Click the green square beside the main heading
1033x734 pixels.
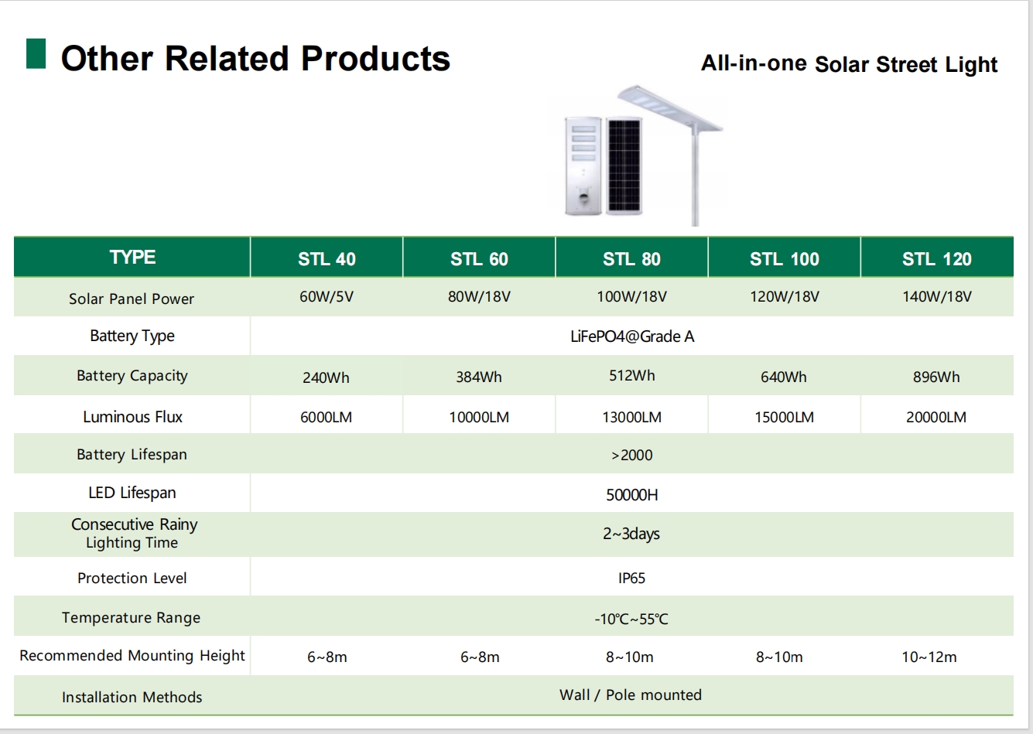pyautogui.click(x=36, y=54)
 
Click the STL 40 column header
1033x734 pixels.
pyautogui.click(x=327, y=259)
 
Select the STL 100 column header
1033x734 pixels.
pyautogui.click(x=785, y=259)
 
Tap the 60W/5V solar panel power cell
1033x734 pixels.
pyautogui.click(x=327, y=296)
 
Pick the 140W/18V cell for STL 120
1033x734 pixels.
pyautogui.click(x=936, y=296)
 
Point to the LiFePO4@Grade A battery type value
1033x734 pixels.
pyautogui.click(x=631, y=336)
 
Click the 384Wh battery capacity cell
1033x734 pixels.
pyautogui.click(x=479, y=377)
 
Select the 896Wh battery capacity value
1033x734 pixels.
pyautogui.click(x=936, y=377)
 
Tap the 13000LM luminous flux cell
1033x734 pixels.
pyautogui.click(x=631, y=417)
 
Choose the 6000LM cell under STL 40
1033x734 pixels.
pyautogui.click(x=326, y=417)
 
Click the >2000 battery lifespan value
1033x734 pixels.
pyautogui.click(x=631, y=456)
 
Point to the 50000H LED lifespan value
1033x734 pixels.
pyautogui.click(x=631, y=495)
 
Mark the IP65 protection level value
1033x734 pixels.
pyautogui.click(x=631, y=579)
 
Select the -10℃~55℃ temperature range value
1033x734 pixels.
pyautogui.click(x=631, y=619)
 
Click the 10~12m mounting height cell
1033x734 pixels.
pyautogui.click(x=929, y=657)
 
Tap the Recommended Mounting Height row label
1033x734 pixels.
pyautogui.click(x=132, y=656)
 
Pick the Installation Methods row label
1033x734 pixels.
pyautogui.click(x=132, y=697)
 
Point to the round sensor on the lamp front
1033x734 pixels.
pyautogui.click(x=584, y=197)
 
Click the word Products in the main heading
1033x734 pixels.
pyautogui.click(x=375, y=59)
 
